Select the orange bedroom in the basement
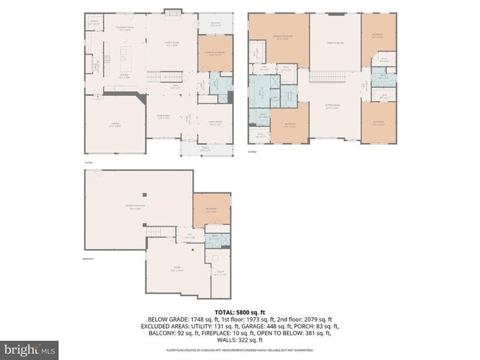point(211,210)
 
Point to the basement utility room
point(219,272)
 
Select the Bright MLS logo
point(30,347)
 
